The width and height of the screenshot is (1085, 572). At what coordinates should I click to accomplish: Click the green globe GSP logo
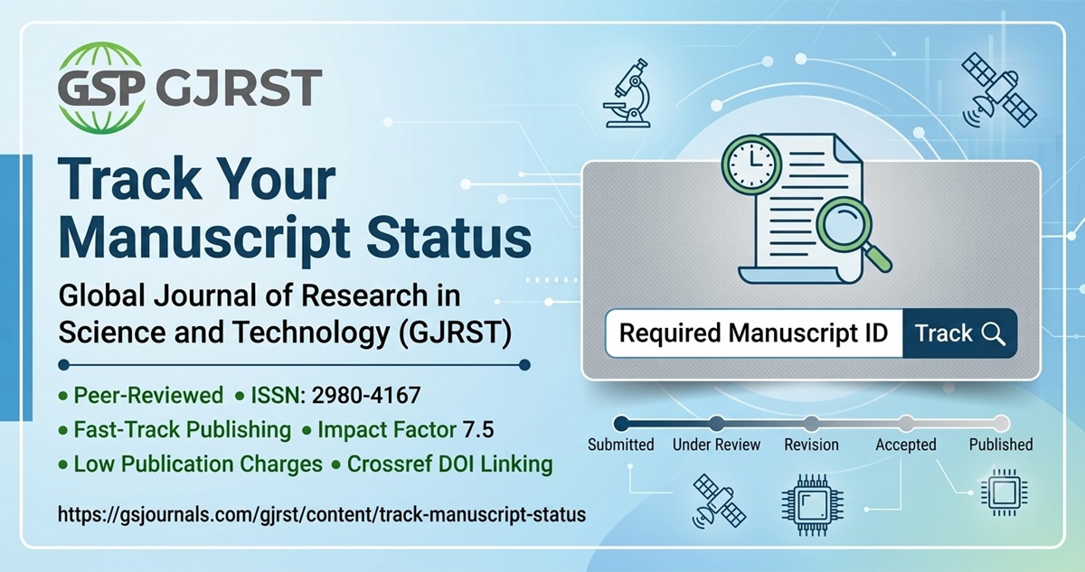coord(101,88)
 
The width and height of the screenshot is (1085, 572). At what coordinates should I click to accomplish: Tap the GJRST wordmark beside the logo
coord(240,88)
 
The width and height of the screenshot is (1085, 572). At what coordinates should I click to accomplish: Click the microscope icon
coord(627,93)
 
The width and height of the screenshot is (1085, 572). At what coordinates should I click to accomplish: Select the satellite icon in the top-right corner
coord(999,90)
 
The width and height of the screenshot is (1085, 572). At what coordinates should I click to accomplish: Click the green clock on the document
coord(751,164)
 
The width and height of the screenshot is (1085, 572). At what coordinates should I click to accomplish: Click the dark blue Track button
coord(959,333)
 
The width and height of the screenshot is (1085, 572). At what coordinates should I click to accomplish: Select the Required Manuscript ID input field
coord(754,333)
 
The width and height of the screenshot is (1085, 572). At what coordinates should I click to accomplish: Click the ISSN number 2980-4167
coord(366,396)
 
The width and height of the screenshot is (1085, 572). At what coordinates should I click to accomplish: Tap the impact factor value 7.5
coord(478,430)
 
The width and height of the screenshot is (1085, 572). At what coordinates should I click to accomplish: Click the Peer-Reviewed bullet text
coord(148,396)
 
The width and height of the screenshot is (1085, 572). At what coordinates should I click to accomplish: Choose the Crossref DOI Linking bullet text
coord(449,464)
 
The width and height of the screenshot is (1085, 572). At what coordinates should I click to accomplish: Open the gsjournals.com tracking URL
coord(322,514)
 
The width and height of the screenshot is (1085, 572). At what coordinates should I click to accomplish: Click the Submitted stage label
coord(621,445)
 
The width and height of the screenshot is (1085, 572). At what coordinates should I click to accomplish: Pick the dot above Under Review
coord(716,424)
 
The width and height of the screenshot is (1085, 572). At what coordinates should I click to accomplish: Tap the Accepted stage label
coord(906,445)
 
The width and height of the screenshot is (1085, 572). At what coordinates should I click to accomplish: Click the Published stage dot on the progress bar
coord(1001,424)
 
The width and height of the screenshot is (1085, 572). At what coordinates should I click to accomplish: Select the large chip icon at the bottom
coord(812,505)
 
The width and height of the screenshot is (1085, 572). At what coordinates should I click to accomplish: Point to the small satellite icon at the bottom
coord(719,502)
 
